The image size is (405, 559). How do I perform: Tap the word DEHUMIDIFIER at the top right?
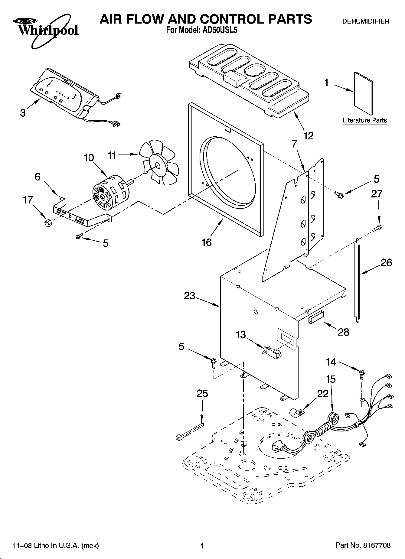(365, 21)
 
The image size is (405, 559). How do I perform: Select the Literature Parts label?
(364, 120)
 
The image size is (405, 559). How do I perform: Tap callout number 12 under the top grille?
(308, 136)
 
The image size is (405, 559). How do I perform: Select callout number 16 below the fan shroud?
(207, 242)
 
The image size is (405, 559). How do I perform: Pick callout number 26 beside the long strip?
(386, 262)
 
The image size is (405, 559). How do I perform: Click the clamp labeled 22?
(297, 413)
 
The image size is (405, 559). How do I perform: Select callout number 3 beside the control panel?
(23, 113)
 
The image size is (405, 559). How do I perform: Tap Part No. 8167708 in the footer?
(363, 546)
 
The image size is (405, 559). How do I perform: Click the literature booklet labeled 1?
(363, 94)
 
